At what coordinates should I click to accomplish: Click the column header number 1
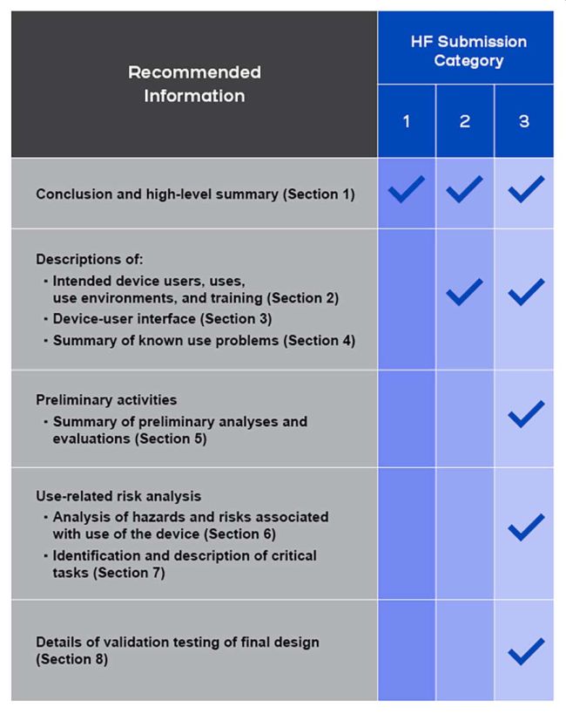(x=406, y=122)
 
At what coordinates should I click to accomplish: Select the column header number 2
(x=464, y=122)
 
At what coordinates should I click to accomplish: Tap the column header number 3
(x=523, y=122)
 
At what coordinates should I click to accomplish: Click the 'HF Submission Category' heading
(x=464, y=51)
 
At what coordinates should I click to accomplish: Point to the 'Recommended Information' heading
(x=194, y=84)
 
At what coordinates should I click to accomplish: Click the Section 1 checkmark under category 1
(x=407, y=191)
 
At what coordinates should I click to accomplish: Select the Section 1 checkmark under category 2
(x=465, y=191)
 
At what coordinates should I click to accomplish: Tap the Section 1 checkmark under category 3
(x=524, y=191)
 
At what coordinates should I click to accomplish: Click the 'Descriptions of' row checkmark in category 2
(x=465, y=292)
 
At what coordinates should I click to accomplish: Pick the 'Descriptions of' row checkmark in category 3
(x=524, y=292)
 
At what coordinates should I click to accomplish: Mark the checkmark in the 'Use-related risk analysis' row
(x=524, y=527)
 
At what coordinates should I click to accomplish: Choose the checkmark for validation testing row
(x=524, y=649)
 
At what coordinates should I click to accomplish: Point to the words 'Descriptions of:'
(x=77, y=259)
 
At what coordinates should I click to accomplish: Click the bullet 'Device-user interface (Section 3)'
(x=162, y=319)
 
